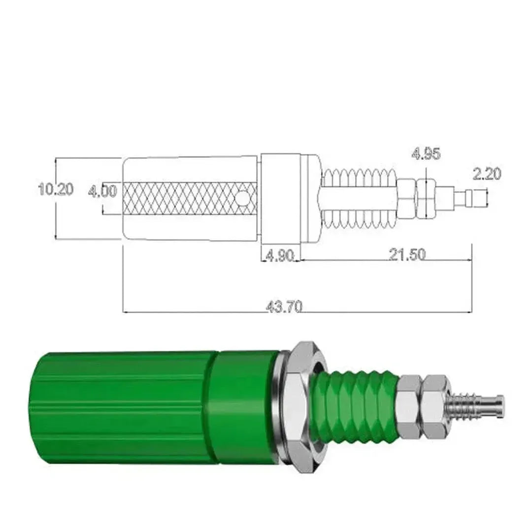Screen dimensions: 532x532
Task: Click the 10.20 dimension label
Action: pos(56,189)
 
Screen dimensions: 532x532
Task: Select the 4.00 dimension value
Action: pos(102,191)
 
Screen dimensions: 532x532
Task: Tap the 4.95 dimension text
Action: pos(426,154)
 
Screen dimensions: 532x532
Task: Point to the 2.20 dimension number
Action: pos(486,174)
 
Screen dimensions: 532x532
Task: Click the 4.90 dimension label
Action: pos(280,256)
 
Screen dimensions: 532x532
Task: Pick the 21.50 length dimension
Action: pos(407,255)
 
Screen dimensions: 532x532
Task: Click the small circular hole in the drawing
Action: pos(242,198)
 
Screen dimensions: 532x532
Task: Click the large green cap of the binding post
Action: pos(123,407)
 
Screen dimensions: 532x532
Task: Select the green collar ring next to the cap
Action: pos(241,407)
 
